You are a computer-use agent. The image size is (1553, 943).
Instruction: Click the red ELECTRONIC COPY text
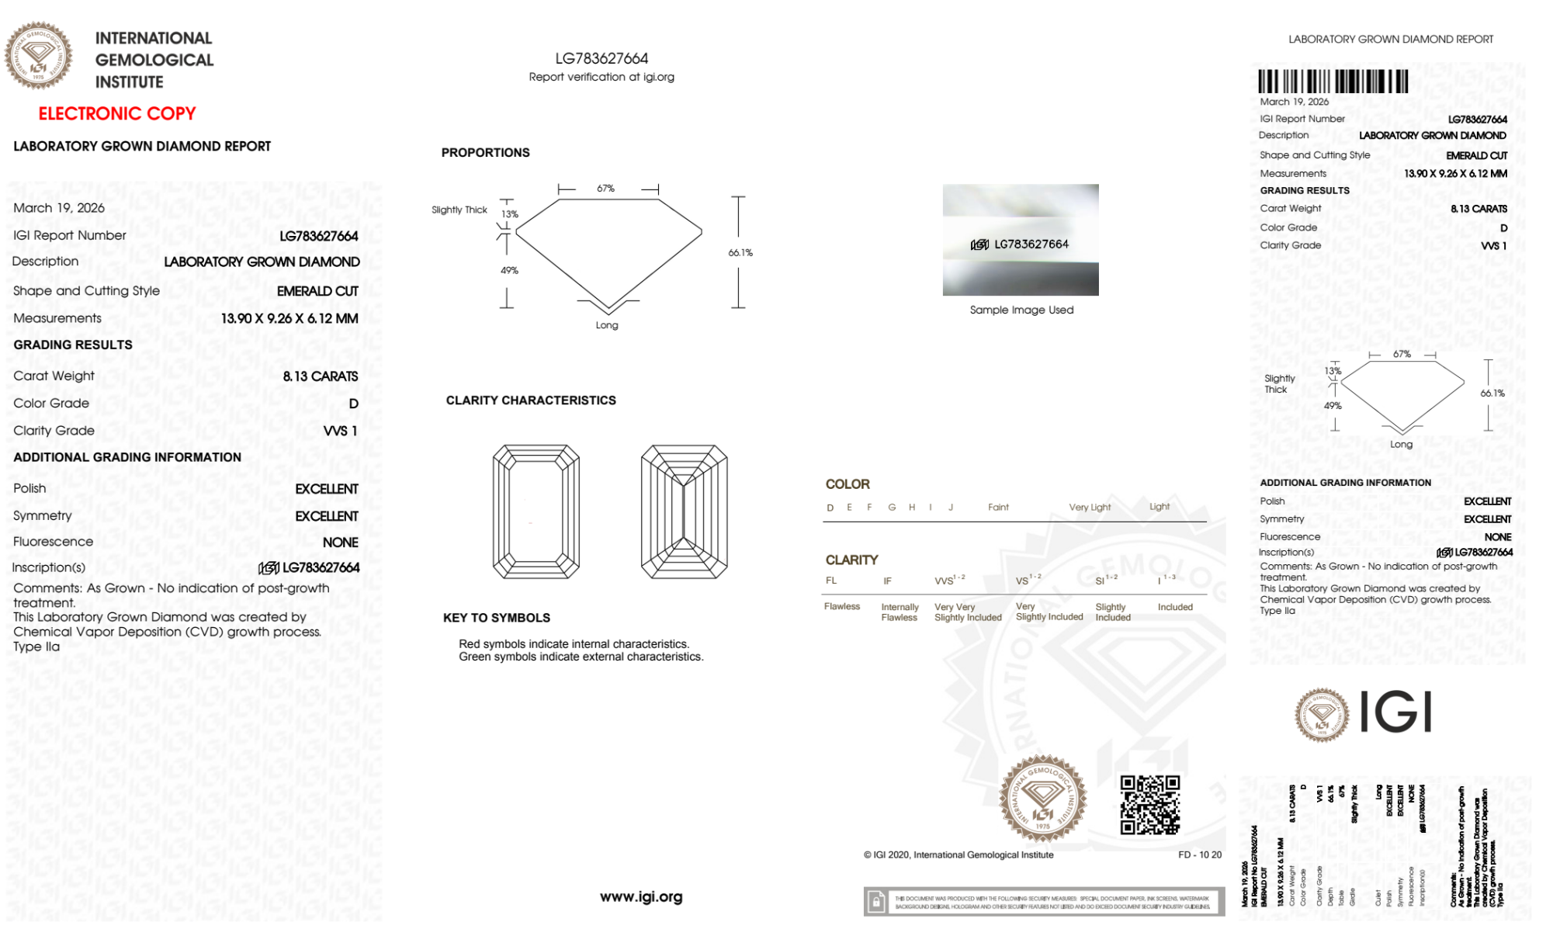coord(117,113)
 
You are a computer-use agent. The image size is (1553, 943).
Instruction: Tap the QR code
coord(1149,805)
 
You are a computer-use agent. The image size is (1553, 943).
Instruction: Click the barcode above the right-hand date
coord(1333,81)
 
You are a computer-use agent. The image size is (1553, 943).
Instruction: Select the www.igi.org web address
coord(641,896)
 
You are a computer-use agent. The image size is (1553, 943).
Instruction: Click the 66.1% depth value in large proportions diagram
coord(740,252)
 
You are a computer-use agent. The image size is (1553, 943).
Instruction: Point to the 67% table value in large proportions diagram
coord(605,189)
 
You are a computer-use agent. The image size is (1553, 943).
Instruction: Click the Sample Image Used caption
coord(1021,310)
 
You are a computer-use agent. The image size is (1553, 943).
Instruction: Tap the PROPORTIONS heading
coord(485,152)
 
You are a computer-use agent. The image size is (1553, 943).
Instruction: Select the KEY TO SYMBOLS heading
coord(496,618)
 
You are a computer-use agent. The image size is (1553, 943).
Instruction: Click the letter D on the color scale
coord(830,508)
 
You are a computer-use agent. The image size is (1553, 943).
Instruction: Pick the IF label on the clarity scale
coord(887,581)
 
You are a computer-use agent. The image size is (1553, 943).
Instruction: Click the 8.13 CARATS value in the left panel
coord(320,376)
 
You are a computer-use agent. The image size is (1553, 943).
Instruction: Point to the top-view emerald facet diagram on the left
coord(536,511)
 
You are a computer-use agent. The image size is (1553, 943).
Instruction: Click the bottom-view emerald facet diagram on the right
coord(684,511)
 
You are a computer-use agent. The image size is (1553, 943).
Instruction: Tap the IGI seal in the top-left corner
coord(38,56)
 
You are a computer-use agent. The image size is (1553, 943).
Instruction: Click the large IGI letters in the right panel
coord(1395,712)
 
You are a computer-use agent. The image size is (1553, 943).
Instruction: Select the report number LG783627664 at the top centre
coord(601,58)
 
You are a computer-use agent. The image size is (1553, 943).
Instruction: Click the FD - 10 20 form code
coord(1199,855)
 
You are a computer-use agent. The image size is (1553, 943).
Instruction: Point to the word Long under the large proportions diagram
coord(607,325)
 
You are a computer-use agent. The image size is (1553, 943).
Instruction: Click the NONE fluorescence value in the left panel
coord(340,543)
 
